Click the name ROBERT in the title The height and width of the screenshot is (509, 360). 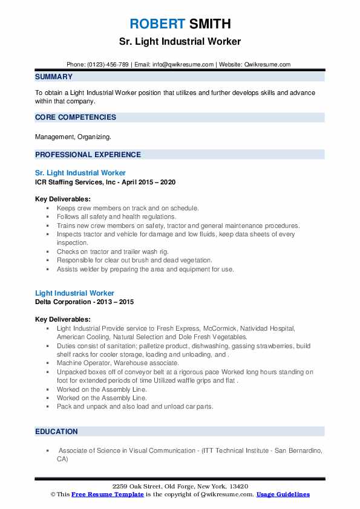157,24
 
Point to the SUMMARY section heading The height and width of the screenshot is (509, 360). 54,77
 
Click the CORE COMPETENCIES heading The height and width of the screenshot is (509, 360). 76,117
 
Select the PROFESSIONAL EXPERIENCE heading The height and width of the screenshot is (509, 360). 88,154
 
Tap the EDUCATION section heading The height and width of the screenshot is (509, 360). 56,432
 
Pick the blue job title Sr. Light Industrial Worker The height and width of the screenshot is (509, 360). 80,173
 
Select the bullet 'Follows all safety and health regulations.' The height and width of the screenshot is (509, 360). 116,216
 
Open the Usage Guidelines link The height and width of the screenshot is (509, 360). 283,494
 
